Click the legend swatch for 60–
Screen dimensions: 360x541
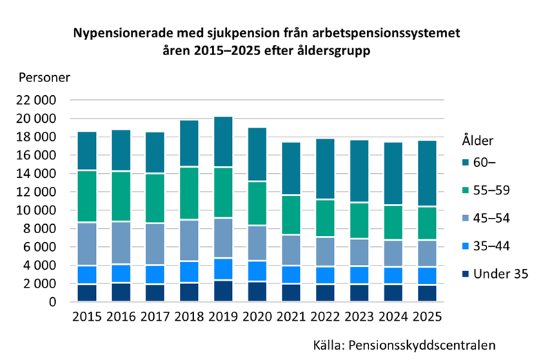[x=468, y=162]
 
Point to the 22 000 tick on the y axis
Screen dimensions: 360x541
[x=35, y=101]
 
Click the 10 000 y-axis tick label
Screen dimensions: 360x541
[x=35, y=210]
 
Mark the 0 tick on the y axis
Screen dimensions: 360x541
[x=52, y=302]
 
